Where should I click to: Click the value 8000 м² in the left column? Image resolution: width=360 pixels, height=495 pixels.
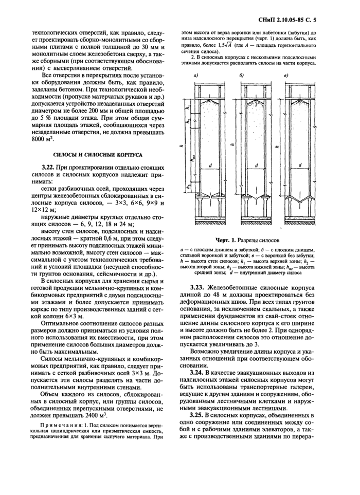coord(43,139)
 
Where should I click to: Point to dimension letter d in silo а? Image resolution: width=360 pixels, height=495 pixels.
coord(211,165)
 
